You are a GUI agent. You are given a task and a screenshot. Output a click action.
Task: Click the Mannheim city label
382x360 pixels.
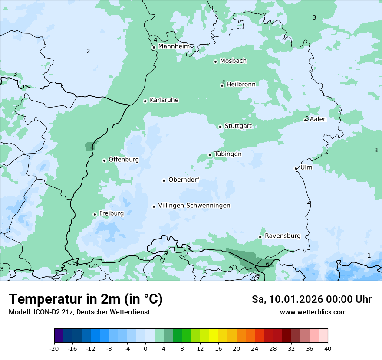174,46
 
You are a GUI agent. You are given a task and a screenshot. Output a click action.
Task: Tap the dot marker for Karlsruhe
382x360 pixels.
145,101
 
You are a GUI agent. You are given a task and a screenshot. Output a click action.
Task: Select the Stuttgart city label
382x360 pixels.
238,126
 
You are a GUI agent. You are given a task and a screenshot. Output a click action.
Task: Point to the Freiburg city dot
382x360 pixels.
95,214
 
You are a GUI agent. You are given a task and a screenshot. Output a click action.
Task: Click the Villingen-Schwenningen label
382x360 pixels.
194,206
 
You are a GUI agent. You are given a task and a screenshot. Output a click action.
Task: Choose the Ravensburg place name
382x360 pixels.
283,236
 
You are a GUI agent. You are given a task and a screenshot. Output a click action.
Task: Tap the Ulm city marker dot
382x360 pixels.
296,168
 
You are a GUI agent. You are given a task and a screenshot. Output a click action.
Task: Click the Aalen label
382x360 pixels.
318,119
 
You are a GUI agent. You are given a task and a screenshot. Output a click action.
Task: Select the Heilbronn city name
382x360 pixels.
241,85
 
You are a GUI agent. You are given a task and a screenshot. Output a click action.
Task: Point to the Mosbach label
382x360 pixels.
233,61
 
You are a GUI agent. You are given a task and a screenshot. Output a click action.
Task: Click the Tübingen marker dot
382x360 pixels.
210,155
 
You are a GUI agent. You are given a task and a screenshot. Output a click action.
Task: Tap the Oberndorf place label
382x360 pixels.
184,180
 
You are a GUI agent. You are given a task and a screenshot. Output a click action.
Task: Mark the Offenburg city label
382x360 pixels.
124,160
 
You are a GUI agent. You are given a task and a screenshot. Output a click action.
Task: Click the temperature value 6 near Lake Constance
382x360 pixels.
267,264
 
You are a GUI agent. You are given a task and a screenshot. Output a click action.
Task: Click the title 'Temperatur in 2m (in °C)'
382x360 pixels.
86,299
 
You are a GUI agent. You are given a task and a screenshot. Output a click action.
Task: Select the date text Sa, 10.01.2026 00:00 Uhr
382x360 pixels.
311,299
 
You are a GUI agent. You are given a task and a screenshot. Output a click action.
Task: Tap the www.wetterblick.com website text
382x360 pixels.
313,312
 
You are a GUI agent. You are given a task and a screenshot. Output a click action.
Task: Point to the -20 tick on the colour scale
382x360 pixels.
54,348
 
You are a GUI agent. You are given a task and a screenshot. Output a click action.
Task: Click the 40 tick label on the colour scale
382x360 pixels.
327,348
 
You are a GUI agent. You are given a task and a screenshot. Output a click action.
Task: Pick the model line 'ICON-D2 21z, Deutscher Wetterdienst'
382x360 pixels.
79,312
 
